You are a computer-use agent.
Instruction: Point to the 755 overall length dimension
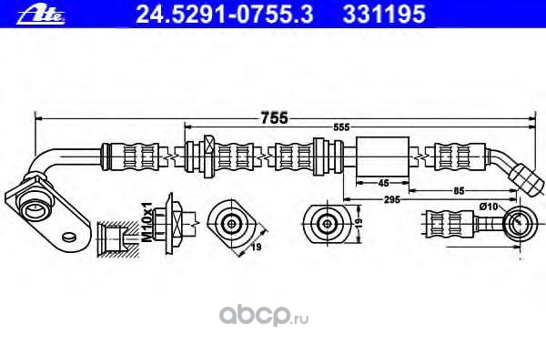[x=274, y=117]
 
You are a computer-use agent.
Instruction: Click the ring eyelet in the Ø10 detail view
[x=518, y=223]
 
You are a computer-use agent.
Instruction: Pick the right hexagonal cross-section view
[x=323, y=222]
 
